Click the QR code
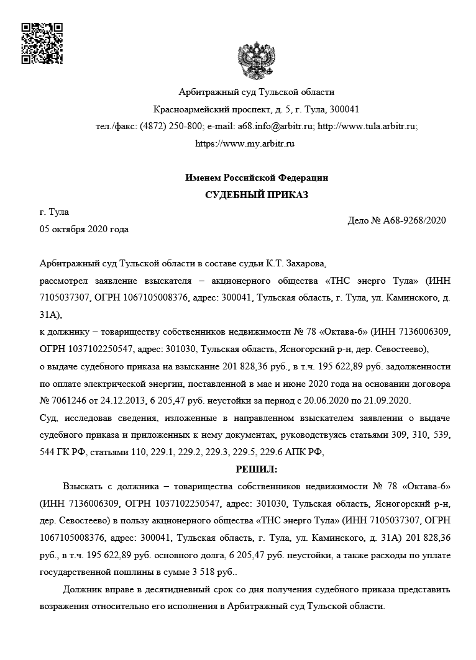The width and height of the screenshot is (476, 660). pos(42,43)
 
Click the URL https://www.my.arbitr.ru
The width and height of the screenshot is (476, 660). pos(245,143)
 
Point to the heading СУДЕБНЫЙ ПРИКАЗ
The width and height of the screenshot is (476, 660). pos(257,195)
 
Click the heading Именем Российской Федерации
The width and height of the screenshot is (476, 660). pos(257,178)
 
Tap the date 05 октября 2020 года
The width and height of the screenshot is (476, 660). pos(84,229)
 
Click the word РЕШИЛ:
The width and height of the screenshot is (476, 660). pos(257,468)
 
